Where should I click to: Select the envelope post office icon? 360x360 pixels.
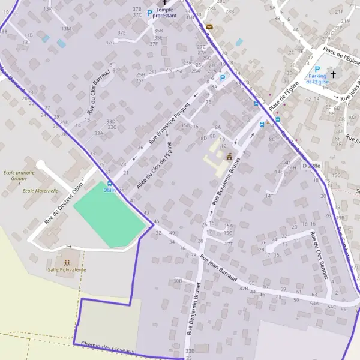tap(209, 27)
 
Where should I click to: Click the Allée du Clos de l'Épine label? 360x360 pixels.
tap(154, 166)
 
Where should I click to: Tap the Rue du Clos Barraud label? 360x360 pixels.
tap(99, 92)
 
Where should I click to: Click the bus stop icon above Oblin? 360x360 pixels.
tap(109, 184)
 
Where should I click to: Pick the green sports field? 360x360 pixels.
tap(110, 215)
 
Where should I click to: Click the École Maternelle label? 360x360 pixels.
tap(40, 191)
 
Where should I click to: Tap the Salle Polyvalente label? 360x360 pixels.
tap(67, 270)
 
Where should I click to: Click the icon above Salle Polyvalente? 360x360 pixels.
tap(67, 262)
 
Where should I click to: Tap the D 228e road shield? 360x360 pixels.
tap(311, 165)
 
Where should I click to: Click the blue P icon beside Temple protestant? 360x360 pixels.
tap(150, 13)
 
